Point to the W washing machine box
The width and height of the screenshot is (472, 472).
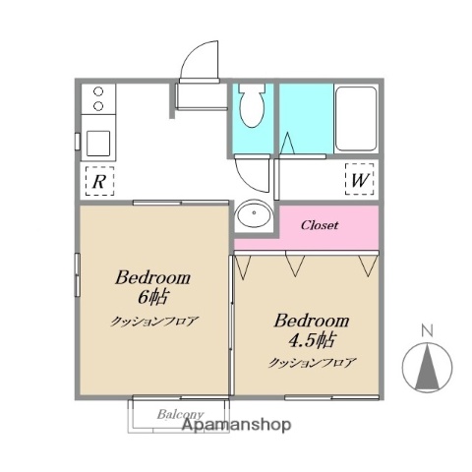[x=360, y=180]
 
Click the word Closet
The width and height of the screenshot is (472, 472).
[x=320, y=225]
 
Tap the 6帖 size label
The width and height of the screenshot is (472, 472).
[x=153, y=296]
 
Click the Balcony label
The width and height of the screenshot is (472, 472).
[x=180, y=414]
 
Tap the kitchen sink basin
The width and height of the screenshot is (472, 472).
[x=98, y=143]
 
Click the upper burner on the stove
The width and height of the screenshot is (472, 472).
[x=97, y=93]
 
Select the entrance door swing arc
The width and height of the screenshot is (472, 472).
[x=201, y=60]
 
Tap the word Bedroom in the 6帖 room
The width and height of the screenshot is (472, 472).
[x=153, y=277]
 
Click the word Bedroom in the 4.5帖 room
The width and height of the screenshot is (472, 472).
[x=312, y=321]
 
